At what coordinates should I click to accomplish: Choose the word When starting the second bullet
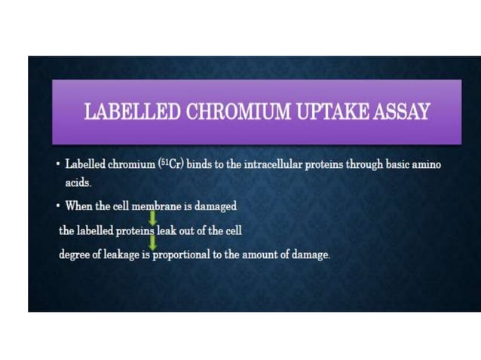81,206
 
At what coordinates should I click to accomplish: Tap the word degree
75,254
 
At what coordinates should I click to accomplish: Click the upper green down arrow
152,218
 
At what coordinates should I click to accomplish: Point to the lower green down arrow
152,243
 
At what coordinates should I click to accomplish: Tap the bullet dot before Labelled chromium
57,164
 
